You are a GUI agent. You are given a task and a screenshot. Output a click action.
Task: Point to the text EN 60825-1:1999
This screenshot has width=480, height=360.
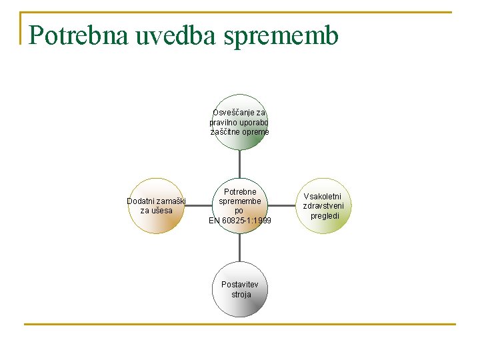[240, 221]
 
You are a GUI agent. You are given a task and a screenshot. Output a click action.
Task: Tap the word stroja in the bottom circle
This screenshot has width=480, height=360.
[241, 294]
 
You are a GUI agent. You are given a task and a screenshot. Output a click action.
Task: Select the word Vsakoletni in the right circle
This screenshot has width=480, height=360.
[323, 197]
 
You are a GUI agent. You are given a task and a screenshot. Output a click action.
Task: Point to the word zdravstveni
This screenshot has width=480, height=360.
[323, 206]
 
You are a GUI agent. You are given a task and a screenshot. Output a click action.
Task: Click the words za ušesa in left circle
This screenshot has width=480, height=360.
[156, 211]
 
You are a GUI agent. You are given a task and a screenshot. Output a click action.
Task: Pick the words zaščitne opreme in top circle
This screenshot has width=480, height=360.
[240, 132]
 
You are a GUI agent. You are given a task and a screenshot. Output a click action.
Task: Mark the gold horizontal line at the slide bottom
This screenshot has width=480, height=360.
[240, 325]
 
